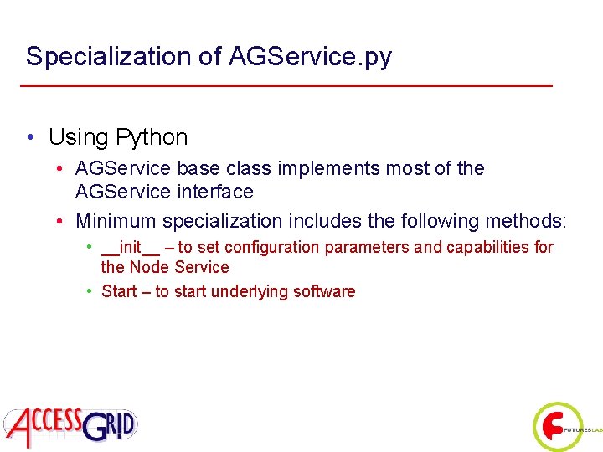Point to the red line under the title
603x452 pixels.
pyautogui.click(x=286, y=85)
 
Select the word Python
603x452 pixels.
pyautogui.click(x=152, y=136)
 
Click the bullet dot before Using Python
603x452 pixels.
pyautogui.click(x=30, y=137)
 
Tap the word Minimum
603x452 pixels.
pyautogui.click(x=116, y=221)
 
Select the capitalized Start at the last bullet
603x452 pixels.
pyautogui.click(x=119, y=291)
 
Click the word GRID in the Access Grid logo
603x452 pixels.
pyautogui.click(x=108, y=426)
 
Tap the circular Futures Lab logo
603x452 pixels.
pyautogui.click(x=557, y=427)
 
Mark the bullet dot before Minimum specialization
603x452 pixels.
pyautogui.click(x=62, y=222)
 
